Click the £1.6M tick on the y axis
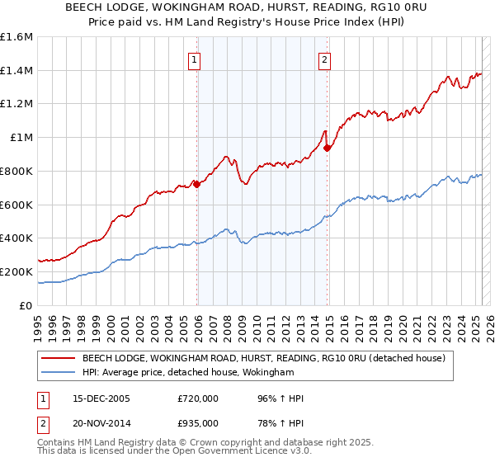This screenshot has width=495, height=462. (x=16, y=37)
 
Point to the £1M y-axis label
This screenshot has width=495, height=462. (x=21, y=138)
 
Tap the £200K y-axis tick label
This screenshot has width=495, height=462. (x=16, y=271)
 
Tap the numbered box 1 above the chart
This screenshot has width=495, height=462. (x=194, y=59)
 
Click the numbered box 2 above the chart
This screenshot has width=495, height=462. (x=325, y=59)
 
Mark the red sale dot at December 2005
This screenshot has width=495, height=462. (x=197, y=184)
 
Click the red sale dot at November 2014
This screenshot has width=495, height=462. (x=328, y=148)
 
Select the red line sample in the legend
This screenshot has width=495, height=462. (x=58, y=358)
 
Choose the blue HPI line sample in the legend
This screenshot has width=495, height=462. (x=58, y=373)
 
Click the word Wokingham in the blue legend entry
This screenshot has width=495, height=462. (x=266, y=373)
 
